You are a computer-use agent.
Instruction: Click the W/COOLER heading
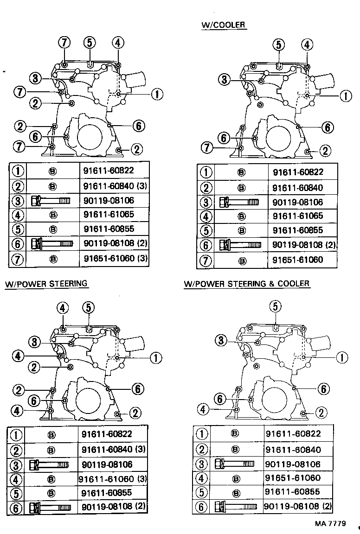tap(223, 25)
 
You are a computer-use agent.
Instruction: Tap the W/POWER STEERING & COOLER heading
tap(246, 283)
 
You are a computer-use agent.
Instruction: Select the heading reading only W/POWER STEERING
tap(46, 283)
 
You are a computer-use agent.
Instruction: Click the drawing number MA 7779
tap(331, 524)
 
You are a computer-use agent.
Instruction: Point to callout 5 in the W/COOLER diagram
tap(278, 44)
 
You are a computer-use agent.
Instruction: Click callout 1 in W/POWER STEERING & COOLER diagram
tap(341, 357)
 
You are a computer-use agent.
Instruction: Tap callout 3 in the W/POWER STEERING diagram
tap(35, 342)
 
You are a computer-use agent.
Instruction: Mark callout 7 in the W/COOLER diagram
tap(207, 148)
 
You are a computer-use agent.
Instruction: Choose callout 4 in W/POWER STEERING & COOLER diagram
tap(202, 409)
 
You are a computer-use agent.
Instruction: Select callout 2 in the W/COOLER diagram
tap(326, 150)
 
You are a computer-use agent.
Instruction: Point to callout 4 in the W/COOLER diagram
tap(307, 44)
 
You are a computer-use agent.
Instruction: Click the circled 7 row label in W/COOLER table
tap(206, 260)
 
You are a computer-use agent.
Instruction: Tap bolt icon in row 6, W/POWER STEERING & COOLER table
tap(236, 506)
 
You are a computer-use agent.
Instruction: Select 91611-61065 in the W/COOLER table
tap(297, 216)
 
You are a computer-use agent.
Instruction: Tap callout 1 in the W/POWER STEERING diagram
tap(155, 357)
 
